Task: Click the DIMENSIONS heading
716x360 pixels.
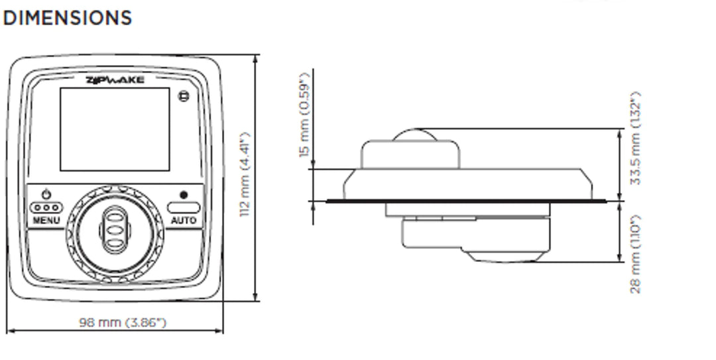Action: (x=67, y=18)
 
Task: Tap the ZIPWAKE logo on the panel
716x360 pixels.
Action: (x=115, y=80)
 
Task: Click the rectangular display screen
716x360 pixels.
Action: (x=115, y=129)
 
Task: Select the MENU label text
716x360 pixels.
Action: (x=46, y=220)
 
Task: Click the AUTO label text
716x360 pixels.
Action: (x=184, y=220)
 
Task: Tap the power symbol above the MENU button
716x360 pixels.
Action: (x=46, y=194)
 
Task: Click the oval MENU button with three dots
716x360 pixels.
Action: (x=46, y=207)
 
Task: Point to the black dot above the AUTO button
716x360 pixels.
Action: (x=184, y=195)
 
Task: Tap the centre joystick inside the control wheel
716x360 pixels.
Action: (x=115, y=229)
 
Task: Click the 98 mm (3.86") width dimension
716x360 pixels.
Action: (x=123, y=322)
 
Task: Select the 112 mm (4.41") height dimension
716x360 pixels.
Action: (x=245, y=174)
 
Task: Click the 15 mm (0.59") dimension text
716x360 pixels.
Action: (x=304, y=114)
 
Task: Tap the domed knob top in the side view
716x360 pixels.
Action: (x=415, y=135)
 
